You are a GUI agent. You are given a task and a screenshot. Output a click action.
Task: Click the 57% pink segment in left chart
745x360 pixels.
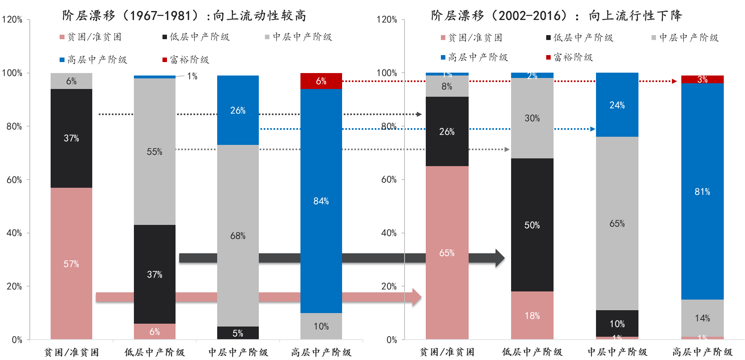(x=71, y=263)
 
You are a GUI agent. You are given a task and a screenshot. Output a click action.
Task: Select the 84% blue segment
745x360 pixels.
(x=321, y=201)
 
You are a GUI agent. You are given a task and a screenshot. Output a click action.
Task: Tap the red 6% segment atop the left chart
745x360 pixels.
(x=321, y=81)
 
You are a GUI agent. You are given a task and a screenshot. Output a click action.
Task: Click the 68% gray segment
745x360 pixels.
(x=238, y=236)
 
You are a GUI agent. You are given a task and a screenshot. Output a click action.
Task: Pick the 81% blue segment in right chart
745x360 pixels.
(x=702, y=191)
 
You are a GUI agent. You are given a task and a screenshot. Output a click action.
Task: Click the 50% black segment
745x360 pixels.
(x=532, y=225)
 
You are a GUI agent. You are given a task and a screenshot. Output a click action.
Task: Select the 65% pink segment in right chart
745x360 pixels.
(x=447, y=253)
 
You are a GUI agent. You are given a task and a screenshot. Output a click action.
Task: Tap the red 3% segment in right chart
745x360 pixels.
(x=702, y=79)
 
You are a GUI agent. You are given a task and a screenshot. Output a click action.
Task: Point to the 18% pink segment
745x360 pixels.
(x=532, y=316)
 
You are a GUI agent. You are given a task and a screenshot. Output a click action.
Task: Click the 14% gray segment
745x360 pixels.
(x=702, y=318)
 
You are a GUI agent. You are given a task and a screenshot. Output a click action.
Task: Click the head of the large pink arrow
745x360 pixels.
(x=416, y=298)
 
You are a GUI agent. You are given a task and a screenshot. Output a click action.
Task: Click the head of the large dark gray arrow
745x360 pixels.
(x=500, y=259)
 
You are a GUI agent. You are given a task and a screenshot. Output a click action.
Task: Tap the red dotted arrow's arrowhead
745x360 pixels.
(x=674, y=81)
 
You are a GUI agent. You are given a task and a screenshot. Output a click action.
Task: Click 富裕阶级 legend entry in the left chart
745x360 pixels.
(x=186, y=60)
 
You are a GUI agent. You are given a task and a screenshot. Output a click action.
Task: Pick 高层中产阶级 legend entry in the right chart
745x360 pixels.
(x=474, y=58)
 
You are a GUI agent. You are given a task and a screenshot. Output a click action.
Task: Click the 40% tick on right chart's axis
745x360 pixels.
(x=388, y=233)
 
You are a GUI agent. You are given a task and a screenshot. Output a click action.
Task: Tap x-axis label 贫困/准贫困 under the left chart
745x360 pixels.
(x=71, y=352)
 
